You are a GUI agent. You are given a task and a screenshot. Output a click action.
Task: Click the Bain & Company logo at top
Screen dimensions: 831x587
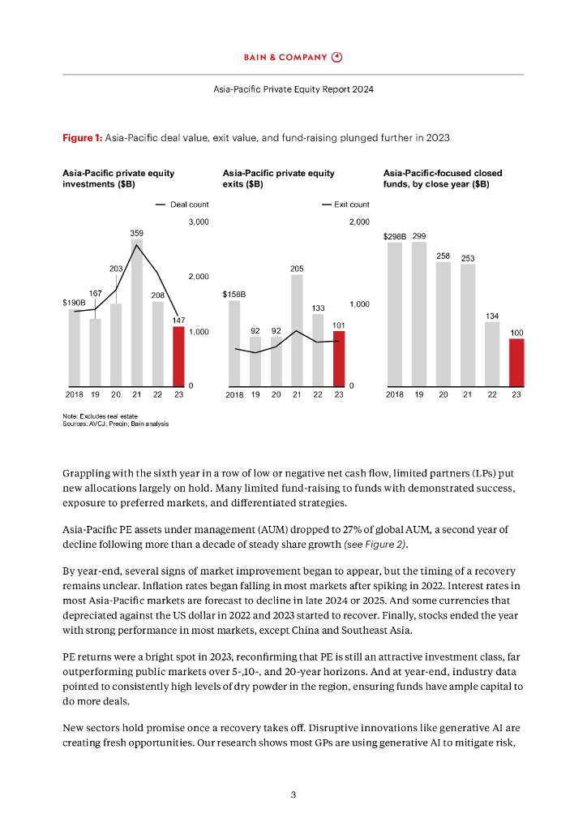point(293,57)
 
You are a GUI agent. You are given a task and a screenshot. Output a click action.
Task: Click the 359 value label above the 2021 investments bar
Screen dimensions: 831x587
point(137,233)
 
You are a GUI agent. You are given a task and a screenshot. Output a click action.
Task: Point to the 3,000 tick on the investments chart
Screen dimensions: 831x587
point(199,222)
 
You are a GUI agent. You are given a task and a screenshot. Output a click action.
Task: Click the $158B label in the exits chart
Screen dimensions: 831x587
point(234,295)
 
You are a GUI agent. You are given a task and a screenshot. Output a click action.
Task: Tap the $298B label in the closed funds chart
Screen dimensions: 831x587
point(395,237)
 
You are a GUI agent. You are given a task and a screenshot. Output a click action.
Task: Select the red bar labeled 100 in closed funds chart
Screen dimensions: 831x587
point(516,361)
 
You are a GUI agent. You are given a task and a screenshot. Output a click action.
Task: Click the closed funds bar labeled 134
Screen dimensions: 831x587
point(492,353)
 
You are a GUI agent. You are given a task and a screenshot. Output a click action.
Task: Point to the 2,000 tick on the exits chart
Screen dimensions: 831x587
point(359,222)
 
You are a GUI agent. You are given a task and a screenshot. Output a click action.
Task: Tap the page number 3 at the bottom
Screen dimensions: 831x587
point(293,794)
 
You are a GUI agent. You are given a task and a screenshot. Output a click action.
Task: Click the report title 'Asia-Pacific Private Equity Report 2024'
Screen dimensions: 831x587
point(293,88)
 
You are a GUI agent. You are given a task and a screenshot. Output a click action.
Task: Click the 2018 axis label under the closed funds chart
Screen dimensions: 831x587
point(395,394)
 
